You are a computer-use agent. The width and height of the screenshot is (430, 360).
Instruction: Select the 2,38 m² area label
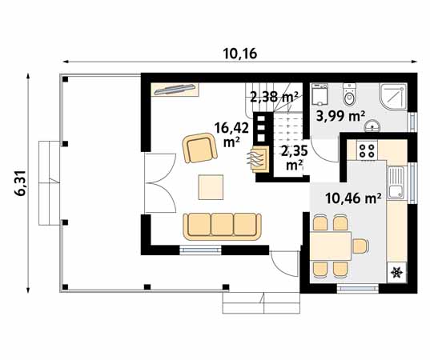pos(274,98)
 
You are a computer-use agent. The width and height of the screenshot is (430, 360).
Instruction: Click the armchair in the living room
pos(199,148)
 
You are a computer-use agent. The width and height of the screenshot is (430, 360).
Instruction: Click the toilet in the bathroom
pos(350,96)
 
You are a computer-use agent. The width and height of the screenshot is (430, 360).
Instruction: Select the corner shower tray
pos(393,96)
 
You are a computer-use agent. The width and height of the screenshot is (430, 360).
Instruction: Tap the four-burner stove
pos(367,149)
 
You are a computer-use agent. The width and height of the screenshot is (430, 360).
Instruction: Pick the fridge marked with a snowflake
pos(395,273)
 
